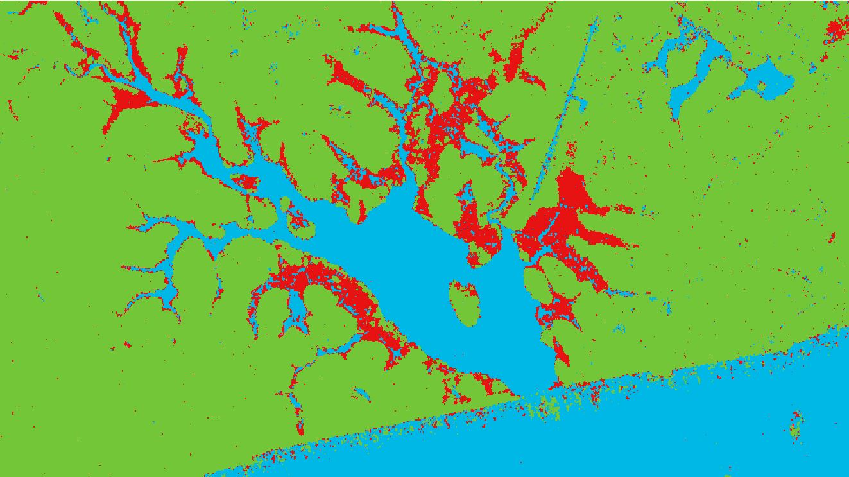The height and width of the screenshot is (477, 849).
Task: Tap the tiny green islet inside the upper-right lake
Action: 762,85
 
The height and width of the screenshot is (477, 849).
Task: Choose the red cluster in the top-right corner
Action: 836,29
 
